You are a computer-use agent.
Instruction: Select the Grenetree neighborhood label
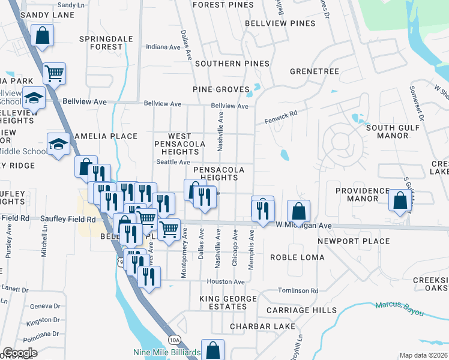tap(315, 71)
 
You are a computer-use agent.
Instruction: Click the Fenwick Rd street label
tap(281, 116)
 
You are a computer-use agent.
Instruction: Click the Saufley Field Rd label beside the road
tap(68, 220)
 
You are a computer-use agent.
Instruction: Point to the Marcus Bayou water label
tap(400, 308)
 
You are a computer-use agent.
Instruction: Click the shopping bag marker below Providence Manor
tap(400, 201)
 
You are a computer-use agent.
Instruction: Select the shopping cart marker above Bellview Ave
tap(54, 74)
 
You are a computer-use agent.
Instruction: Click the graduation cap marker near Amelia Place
tap(58, 144)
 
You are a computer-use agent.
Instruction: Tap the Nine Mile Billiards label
tap(167, 353)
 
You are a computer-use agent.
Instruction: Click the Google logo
tap(19, 353)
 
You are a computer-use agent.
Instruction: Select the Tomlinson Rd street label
tap(298, 290)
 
